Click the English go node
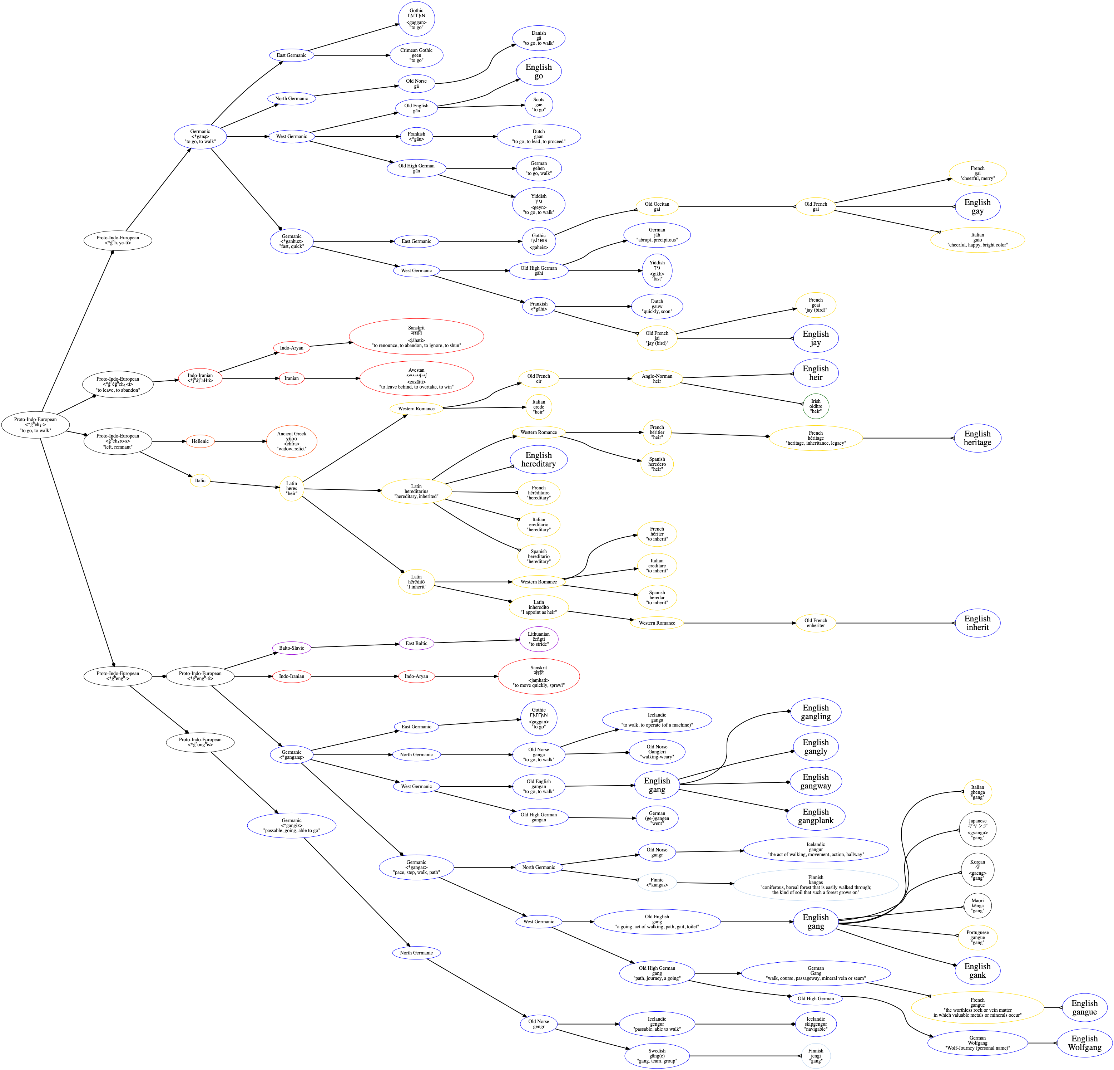click(538, 72)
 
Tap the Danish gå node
click(538, 38)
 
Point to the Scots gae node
click(538, 105)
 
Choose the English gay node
click(977, 206)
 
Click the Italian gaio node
click(977, 239)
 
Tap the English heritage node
click(977, 438)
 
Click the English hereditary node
click(538, 460)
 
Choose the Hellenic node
click(200, 441)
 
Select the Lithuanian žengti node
click(538, 639)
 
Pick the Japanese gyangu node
click(977, 829)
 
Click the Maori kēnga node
click(977, 905)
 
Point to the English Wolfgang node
click(1084, 1043)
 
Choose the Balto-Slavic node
click(292, 648)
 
